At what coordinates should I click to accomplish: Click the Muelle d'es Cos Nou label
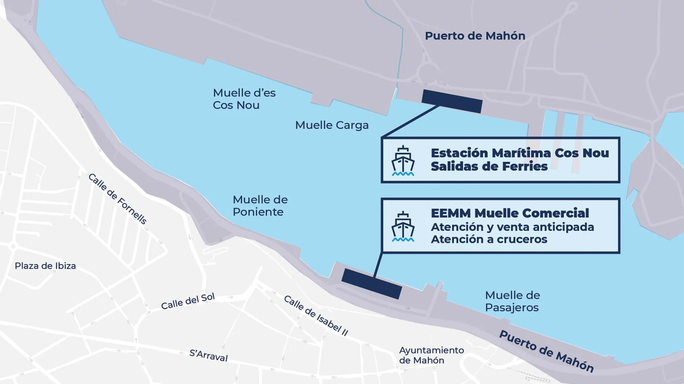(244, 99)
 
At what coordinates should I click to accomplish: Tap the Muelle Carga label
(332, 125)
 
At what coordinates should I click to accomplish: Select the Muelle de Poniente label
(260, 206)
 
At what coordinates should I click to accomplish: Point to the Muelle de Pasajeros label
(512, 301)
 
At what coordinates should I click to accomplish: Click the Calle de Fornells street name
(117, 199)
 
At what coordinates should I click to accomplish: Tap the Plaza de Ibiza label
(45, 266)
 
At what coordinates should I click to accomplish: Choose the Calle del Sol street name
(188, 301)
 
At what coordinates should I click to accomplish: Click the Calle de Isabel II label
(316, 315)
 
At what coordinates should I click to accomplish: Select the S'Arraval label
(208, 355)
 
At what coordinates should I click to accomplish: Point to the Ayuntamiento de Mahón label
(431, 355)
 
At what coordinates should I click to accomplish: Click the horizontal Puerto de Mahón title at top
(475, 36)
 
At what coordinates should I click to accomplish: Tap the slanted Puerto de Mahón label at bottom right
(546, 351)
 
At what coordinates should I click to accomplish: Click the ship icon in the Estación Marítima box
(403, 161)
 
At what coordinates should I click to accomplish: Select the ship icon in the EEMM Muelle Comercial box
(403, 226)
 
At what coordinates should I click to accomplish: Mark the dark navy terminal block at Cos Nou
(452, 101)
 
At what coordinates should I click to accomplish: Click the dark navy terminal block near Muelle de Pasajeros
(372, 284)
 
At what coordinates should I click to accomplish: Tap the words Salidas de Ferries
(489, 166)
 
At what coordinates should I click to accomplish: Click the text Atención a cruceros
(489, 239)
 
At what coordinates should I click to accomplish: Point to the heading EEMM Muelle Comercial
(510, 213)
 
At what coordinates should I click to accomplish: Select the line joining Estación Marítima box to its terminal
(410, 121)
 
